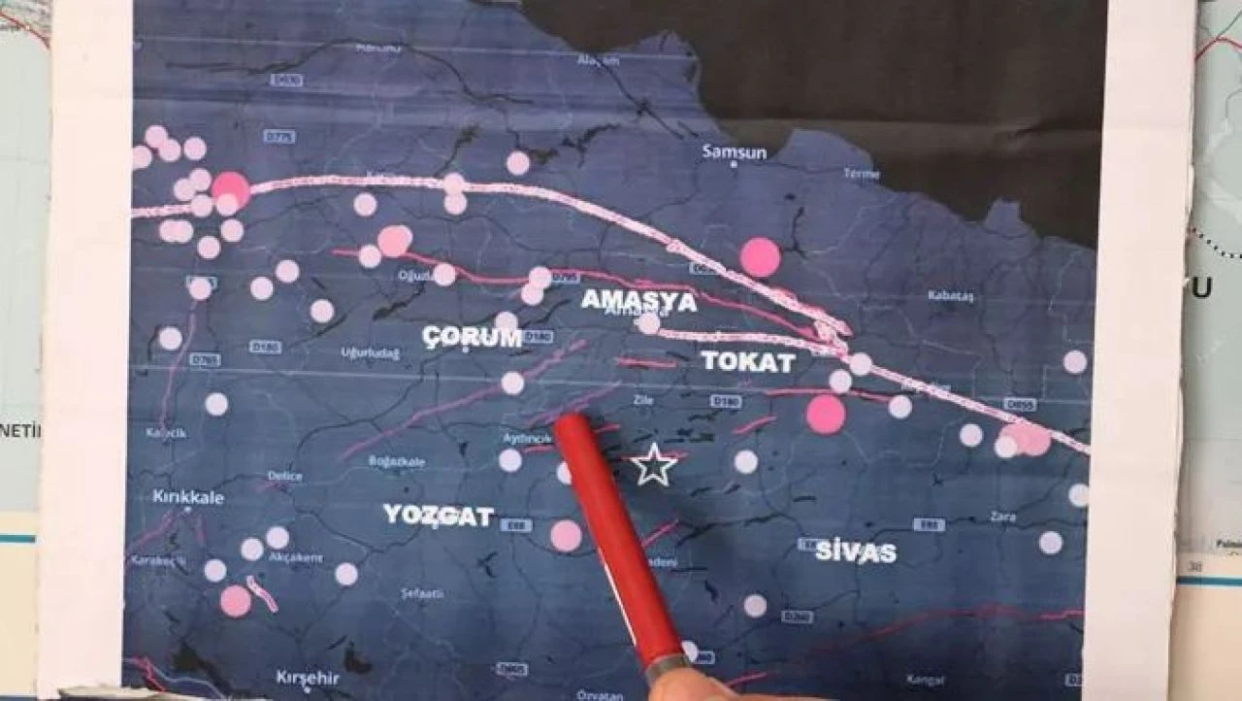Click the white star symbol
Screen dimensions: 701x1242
tap(654, 465)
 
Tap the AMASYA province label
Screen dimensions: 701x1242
tap(638, 301)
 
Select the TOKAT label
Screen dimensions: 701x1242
tap(748, 362)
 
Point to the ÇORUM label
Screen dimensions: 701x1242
tap(473, 337)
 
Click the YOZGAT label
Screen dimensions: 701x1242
tap(438, 515)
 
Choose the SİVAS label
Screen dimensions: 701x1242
tap(855, 552)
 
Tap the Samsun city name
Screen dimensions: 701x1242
tap(735, 152)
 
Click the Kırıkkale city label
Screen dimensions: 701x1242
tap(188, 497)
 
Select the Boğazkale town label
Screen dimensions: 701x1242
tap(397, 462)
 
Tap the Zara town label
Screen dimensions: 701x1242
tap(1002, 517)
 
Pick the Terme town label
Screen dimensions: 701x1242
tap(861, 174)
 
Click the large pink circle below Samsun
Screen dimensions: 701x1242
tap(760, 257)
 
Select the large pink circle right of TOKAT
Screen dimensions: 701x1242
tap(826, 414)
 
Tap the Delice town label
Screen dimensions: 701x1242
tap(284, 477)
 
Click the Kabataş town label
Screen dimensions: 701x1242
tap(950, 295)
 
